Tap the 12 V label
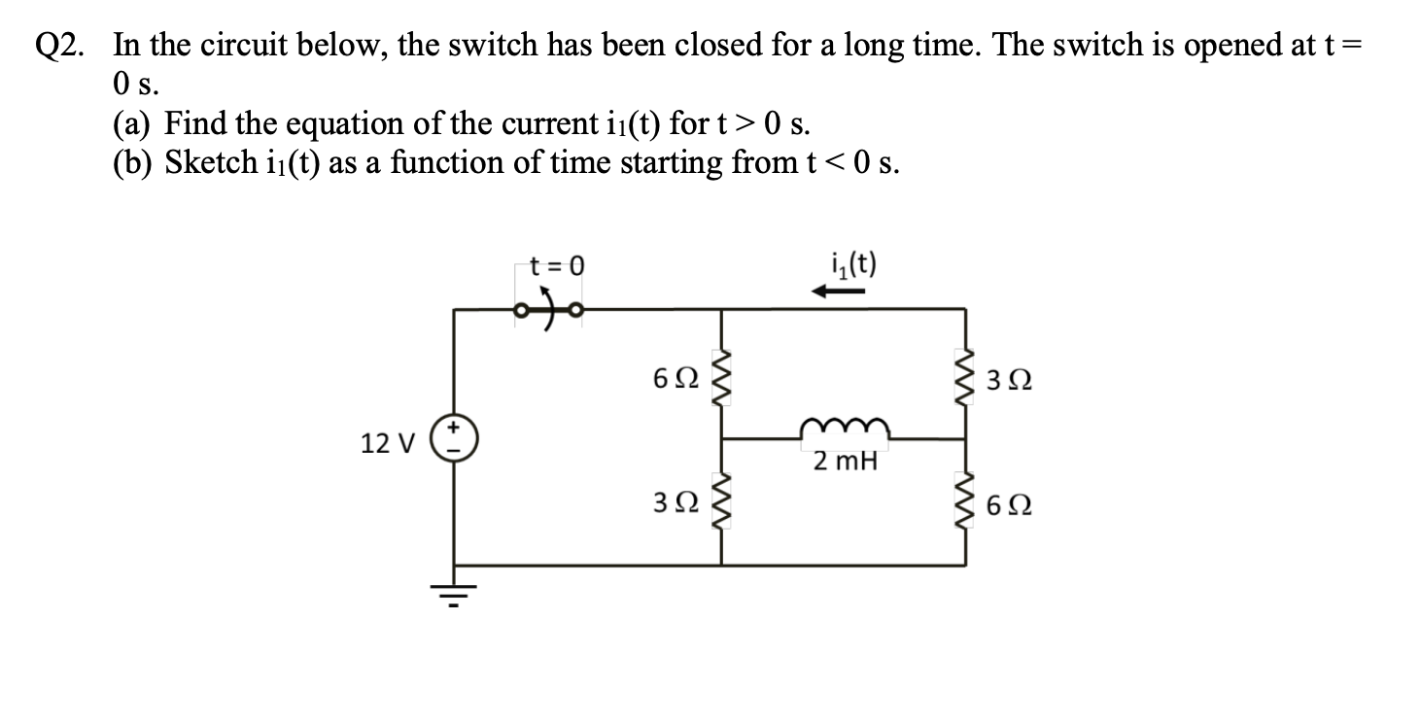[x=387, y=444]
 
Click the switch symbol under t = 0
[x=549, y=310]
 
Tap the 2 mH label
[x=845, y=462]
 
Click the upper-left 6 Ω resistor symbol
[x=721, y=377]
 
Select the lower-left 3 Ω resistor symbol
[x=721, y=503]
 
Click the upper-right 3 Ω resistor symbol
[x=965, y=377]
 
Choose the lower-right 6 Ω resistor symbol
[x=965, y=503]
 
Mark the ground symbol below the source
[x=454, y=591]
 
